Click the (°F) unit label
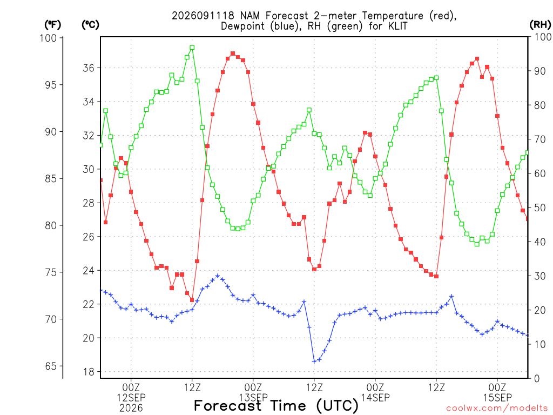(52, 25)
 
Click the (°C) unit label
(90, 25)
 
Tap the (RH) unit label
(540, 25)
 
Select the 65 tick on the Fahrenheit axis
(51, 366)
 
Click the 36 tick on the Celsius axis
(89, 68)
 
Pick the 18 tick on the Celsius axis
(89, 372)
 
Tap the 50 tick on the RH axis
(539, 208)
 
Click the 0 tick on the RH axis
(537, 379)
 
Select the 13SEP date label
(253, 398)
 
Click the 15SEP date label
(497, 398)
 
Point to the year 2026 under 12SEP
(131, 409)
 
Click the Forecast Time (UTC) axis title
(276, 406)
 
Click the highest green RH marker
(192, 48)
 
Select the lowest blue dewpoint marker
(314, 362)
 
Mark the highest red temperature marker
(233, 53)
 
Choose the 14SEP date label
(375, 398)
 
